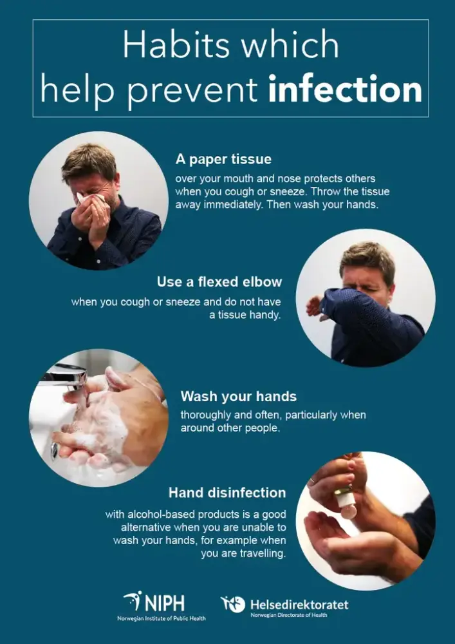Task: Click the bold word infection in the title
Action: click(345, 90)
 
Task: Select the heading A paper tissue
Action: click(223, 159)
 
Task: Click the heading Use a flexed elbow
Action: click(219, 282)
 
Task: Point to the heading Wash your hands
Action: click(238, 396)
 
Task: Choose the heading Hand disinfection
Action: click(227, 493)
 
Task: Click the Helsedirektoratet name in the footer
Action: click(300, 605)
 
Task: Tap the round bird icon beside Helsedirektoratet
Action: click(233, 604)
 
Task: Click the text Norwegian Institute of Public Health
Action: click(162, 618)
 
